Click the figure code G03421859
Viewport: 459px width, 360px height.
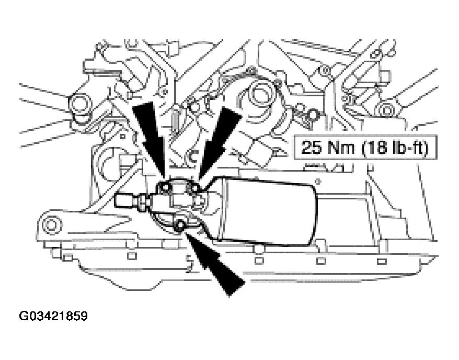[53, 316]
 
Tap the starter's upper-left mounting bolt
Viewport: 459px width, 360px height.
[165, 187]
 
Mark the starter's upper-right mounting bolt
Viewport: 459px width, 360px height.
[194, 189]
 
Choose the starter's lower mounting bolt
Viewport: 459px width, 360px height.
[180, 225]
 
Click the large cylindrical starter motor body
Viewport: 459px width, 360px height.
[268, 210]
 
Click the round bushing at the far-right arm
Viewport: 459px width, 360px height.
[386, 111]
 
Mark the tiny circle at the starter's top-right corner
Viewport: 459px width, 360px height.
[318, 182]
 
